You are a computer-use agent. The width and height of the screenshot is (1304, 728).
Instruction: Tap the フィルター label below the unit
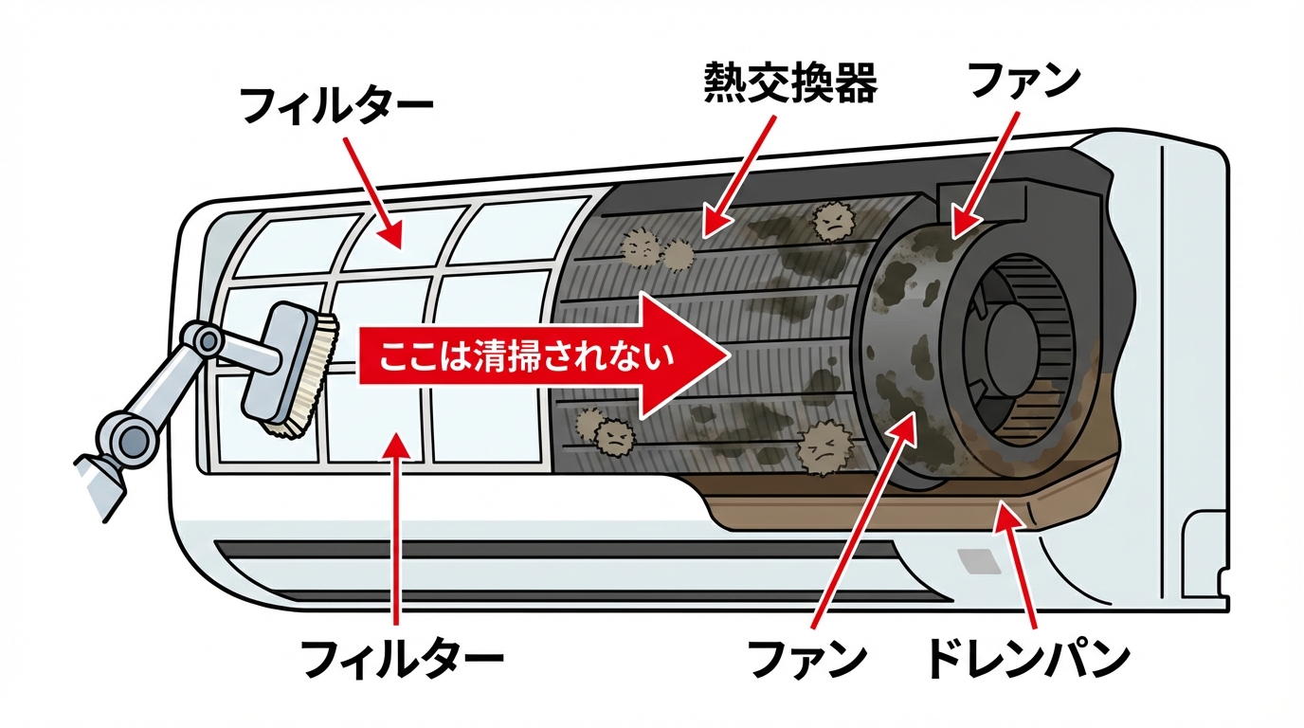pyautogui.click(x=402, y=657)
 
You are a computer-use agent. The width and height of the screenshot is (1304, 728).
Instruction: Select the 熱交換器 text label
pyautogui.click(x=790, y=84)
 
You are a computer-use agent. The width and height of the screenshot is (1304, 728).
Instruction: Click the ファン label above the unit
pyautogui.click(x=1023, y=82)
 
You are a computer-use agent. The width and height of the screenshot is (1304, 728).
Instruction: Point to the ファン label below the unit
pyautogui.click(x=808, y=657)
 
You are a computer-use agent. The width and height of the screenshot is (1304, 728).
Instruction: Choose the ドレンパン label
pyautogui.click(x=1027, y=657)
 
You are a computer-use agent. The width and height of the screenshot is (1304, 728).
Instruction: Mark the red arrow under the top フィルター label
pyautogui.click(x=371, y=190)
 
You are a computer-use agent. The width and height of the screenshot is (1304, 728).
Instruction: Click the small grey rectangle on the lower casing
pyautogui.click(x=979, y=560)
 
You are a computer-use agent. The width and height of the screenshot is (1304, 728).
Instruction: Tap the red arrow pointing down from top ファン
pyautogui.click(x=986, y=174)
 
